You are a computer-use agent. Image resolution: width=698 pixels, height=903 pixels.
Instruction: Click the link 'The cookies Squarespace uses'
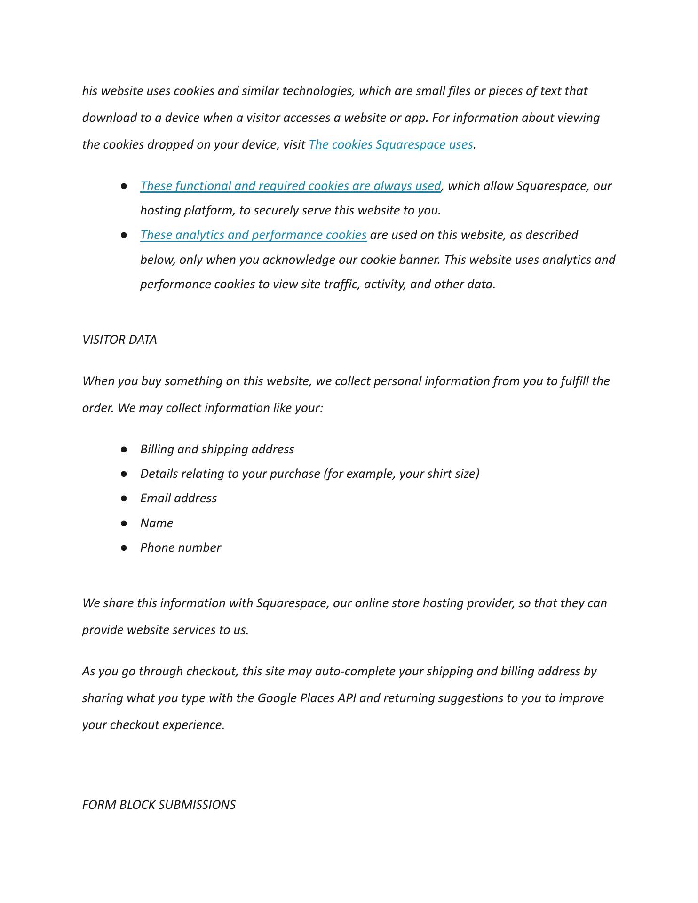point(390,144)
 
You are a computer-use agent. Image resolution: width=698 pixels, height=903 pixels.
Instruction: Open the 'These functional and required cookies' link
point(290,186)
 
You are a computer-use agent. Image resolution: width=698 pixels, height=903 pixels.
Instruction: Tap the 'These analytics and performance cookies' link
point(253,235)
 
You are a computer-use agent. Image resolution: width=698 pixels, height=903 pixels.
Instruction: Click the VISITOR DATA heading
point(119,340)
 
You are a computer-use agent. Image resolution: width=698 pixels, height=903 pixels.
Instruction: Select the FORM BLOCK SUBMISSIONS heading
point(159,805)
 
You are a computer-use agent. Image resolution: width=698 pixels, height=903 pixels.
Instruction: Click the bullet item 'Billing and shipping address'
point(217,449)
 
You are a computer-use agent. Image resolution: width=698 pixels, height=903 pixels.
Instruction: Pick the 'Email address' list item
point(178,498)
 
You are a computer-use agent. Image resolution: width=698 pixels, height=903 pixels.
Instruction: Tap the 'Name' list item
point(157,523)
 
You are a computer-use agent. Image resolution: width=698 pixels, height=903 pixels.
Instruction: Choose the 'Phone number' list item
point(180,547)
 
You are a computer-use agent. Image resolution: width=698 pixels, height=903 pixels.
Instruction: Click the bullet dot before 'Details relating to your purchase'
point(124,474)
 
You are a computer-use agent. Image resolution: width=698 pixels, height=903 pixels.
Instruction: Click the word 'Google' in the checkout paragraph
point(277,698)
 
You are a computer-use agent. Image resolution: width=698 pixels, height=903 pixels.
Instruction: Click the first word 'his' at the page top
point(89,91)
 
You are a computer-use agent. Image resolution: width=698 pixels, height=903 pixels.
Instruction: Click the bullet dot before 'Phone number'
point(124,548)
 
